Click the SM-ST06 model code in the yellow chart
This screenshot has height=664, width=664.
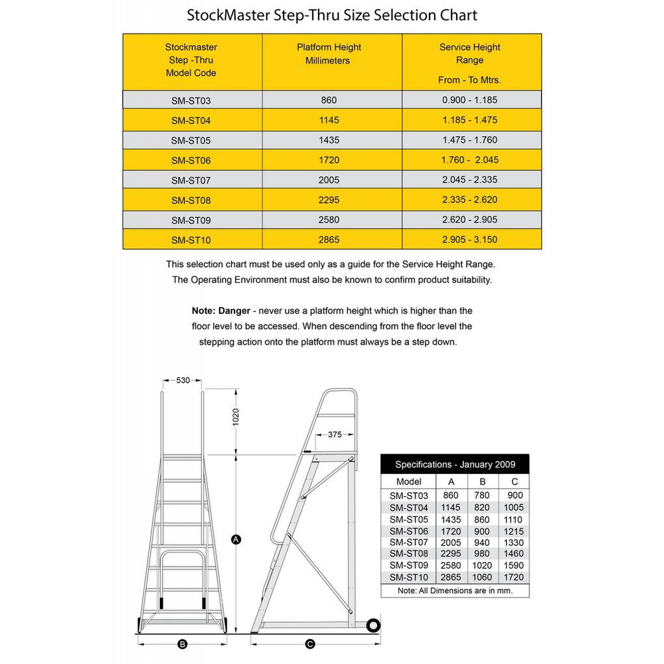(x=191, y=160)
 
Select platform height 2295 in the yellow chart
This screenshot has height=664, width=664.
(x=328, y=200)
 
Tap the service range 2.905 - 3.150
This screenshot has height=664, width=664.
(x=469, y=240)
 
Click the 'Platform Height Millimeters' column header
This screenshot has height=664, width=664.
(x=329, y=54)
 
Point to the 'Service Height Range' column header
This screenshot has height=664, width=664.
(x=469, y=54)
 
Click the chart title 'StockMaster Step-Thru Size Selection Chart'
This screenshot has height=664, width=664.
(x=332, y=15)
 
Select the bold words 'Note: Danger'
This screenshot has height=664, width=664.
(x=221, y=311)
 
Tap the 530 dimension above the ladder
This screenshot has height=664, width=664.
(x=183, y=380)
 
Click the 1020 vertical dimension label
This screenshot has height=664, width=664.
(x=235, y=416)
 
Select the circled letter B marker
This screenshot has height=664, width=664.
(x=183, y=643)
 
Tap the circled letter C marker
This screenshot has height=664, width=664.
(x=309, y=643)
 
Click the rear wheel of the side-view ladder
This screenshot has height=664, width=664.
(x=373, y=625)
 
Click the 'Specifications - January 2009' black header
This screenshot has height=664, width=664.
(x=455, y=464)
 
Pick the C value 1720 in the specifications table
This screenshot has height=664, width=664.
(x=514, y=578)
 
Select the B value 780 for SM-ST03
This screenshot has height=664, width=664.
(x=483, y=495)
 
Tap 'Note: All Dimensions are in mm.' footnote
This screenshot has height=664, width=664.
(x=455, y=590)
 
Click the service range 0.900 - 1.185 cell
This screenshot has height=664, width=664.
(x=469, y=100)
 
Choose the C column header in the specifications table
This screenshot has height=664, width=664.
(x=514, y=481)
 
